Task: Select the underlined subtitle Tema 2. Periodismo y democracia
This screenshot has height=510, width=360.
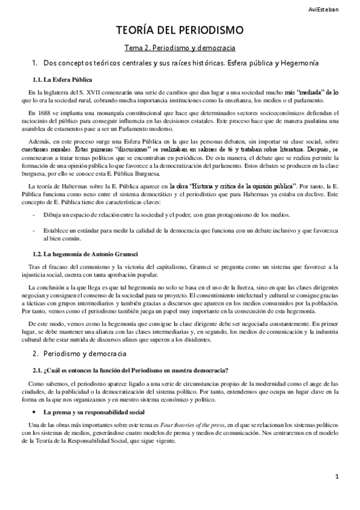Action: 179,47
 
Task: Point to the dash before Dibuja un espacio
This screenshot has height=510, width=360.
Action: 35,215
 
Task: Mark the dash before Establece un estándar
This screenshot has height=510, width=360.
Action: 35,230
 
